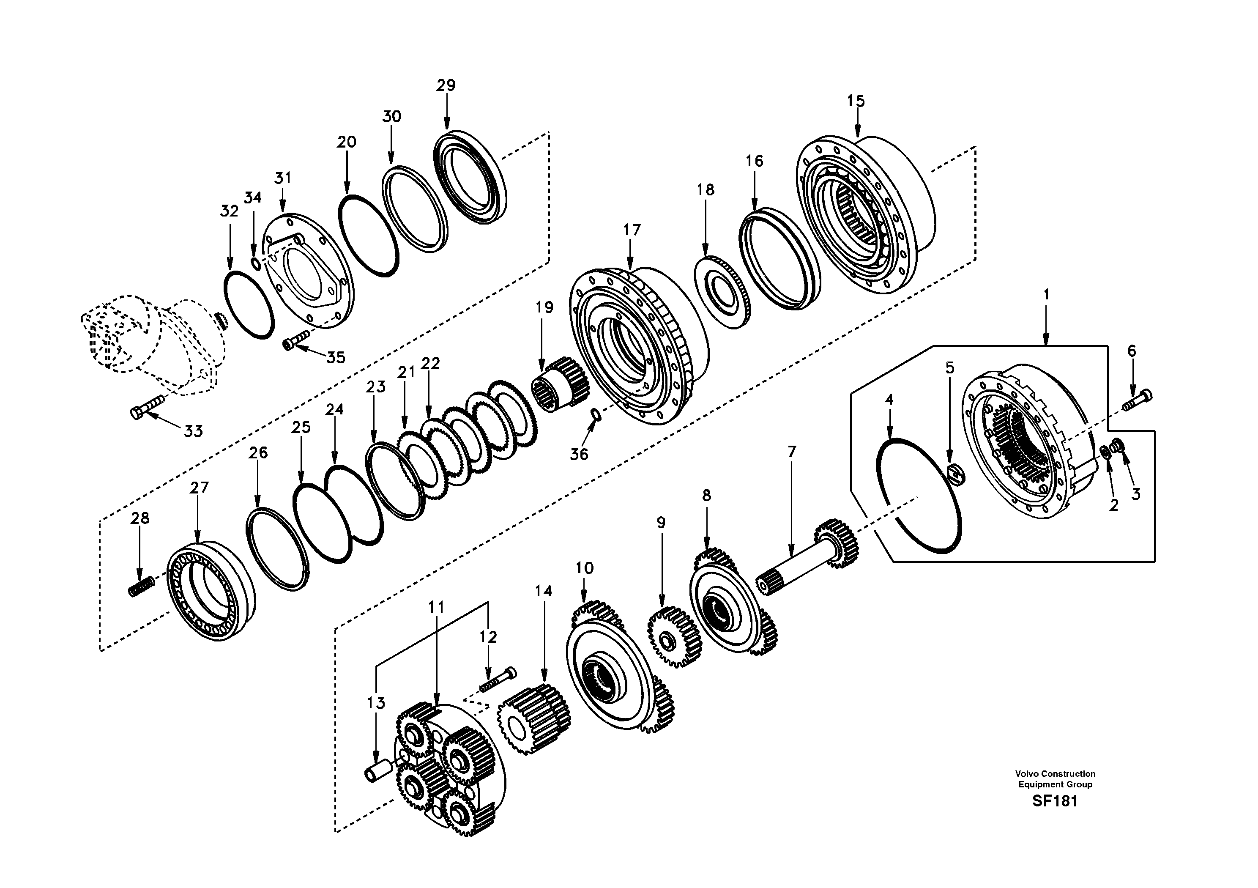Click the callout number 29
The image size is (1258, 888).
pos(446,85)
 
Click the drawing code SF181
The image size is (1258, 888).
pos(1055,801)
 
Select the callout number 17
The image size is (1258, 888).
pos(631,230)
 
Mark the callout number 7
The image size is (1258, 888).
pos(792,452)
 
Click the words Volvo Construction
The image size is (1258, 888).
pos(1055,774)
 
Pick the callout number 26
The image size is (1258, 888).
pos(258,453)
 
